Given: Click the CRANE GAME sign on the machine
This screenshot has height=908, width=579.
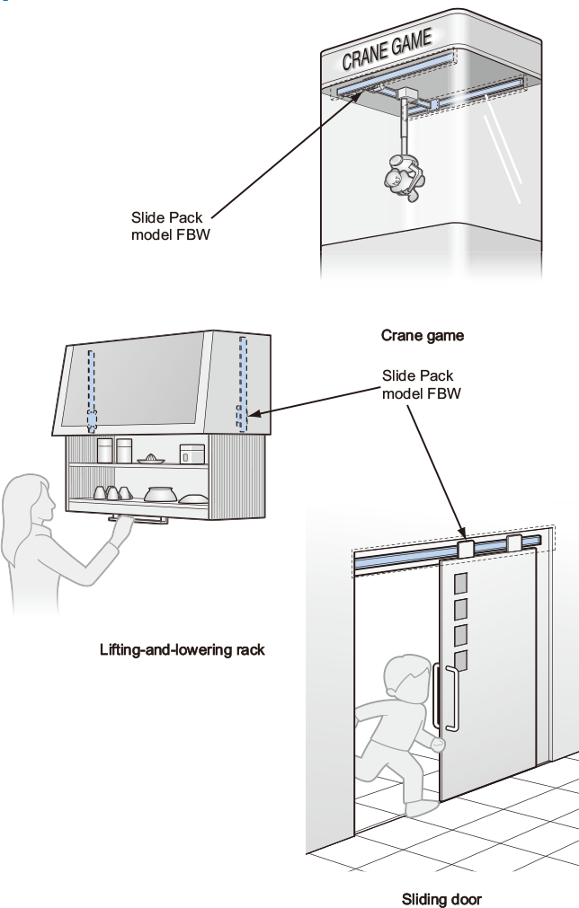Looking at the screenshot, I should [x=387, y=49].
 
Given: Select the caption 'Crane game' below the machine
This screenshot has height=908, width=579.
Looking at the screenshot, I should [x=423, y=336].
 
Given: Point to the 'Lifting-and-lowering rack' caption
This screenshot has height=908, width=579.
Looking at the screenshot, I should [x=183, y=648].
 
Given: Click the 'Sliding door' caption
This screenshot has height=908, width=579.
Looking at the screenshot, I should [x=441, y=898].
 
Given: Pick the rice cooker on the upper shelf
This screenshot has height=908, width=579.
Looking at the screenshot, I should [x=192, y=454].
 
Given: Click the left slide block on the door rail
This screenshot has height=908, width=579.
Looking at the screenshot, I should [x=466, y=548].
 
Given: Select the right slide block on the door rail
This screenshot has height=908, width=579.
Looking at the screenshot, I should [x=514, y=542].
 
